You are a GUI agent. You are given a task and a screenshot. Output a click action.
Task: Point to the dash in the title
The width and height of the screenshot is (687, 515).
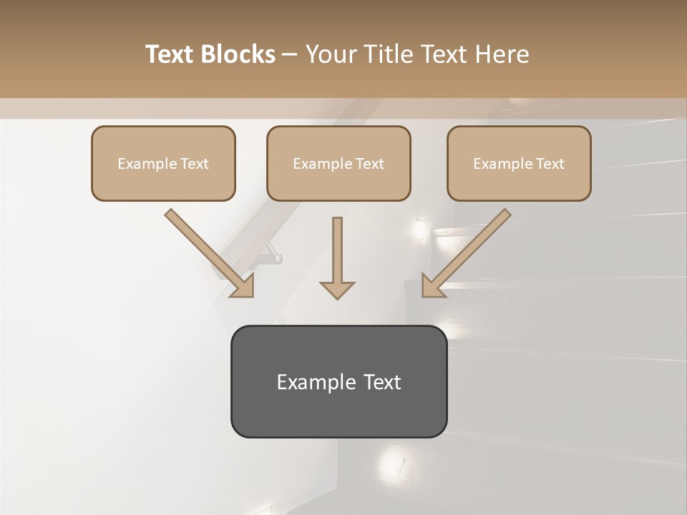click(x=290, y=55)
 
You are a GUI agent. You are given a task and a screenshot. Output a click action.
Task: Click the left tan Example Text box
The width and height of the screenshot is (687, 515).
click(x=163, y=163)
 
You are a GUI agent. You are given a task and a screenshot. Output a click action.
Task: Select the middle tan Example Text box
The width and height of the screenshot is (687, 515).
click(x=338, y=163)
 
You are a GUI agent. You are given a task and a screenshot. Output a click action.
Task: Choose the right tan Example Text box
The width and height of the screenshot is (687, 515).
click(x=519, y=163)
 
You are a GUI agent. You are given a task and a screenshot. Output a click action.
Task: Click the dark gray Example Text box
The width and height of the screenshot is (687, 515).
click(x=338, y=381)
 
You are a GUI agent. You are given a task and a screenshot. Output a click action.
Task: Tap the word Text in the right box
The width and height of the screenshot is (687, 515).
click(x=550, y=164)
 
